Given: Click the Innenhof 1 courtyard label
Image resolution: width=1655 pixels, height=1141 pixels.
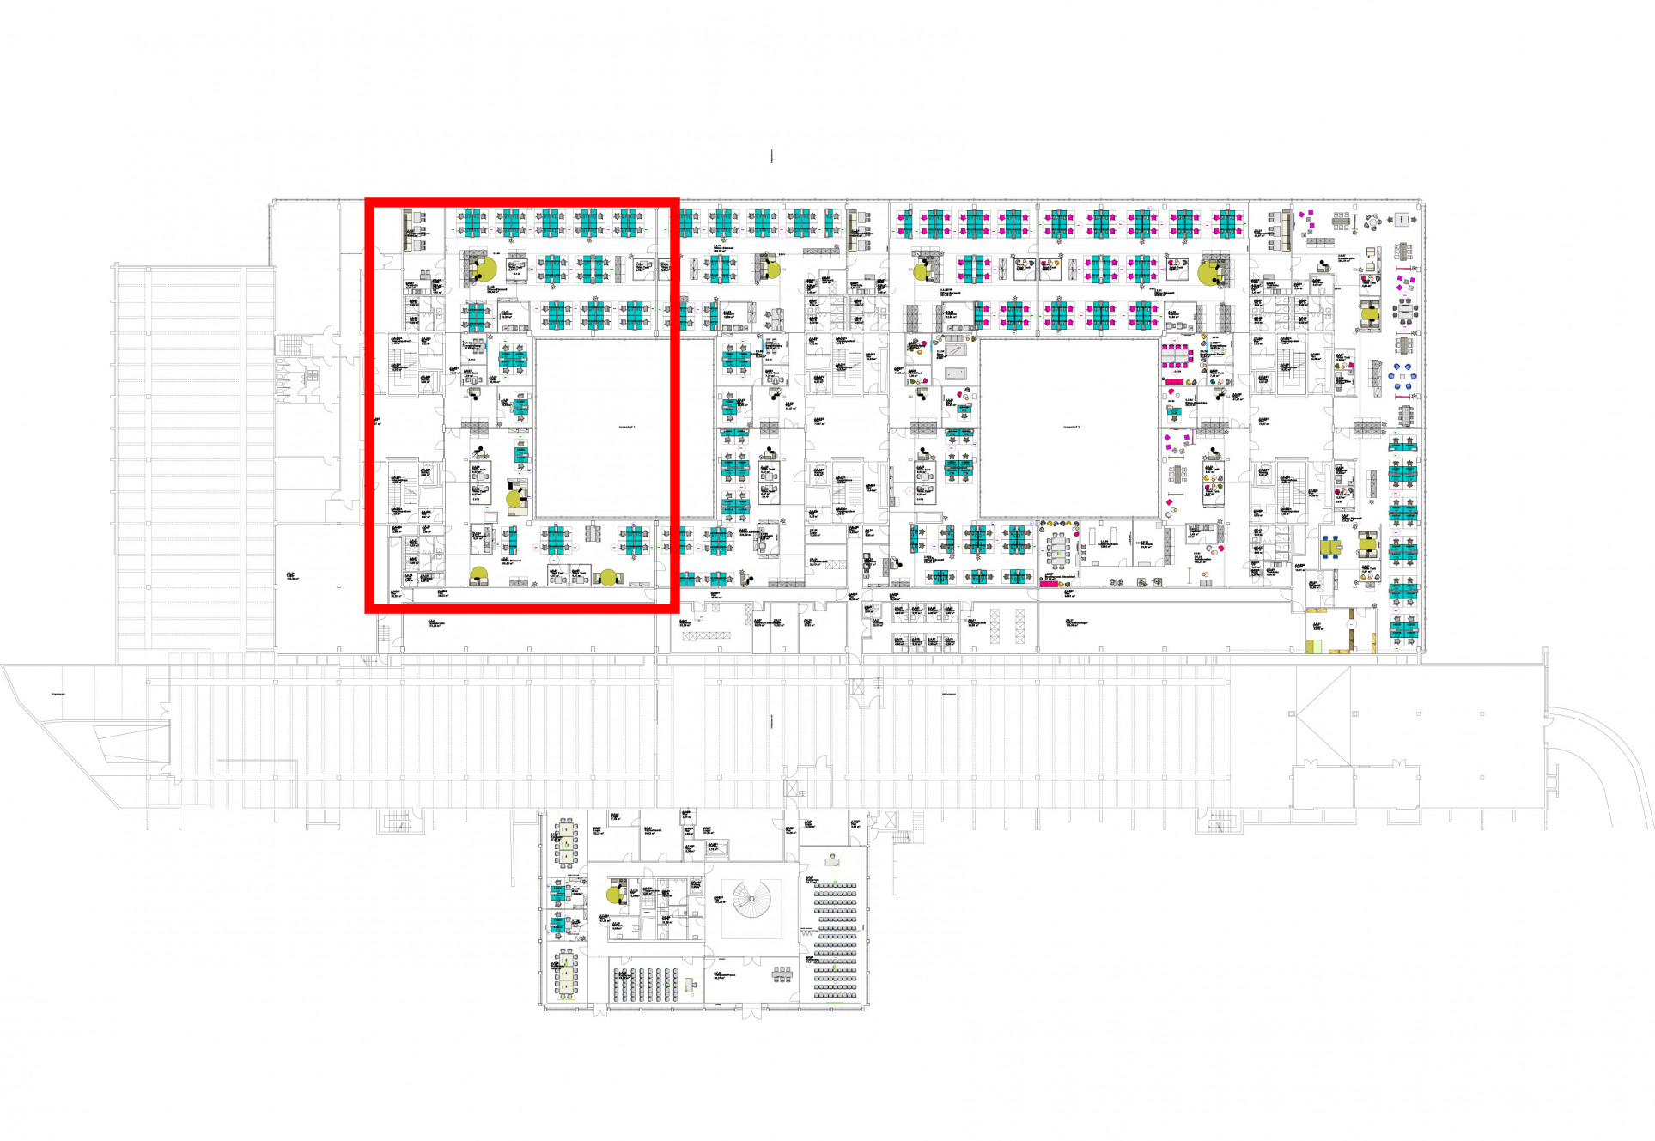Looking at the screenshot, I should tap(627, 426).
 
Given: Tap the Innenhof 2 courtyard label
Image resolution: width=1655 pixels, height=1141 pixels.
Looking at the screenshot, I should tap(1071, 427).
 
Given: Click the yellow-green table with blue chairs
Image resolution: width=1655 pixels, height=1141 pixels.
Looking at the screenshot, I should tap(1331, 546).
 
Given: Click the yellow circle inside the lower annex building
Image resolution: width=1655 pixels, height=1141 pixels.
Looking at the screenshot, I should tap(614, 895).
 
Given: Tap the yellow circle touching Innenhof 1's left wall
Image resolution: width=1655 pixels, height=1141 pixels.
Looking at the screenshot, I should tap(514, 498).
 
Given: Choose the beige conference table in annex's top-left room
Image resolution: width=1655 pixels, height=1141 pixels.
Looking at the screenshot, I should tap(566, 841).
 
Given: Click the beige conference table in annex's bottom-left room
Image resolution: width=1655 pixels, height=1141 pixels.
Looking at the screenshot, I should tap(566, 975).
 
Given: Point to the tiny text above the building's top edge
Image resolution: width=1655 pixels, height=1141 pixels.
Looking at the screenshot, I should tap(772, 155).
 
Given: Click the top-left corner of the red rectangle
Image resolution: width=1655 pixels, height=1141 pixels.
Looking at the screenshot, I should tap(368, 202).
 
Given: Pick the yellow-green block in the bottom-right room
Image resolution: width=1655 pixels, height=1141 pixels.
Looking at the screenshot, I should tap(1314, 646).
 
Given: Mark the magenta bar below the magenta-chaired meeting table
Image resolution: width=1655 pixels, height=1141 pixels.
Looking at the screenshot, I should tap(1174, 381).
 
